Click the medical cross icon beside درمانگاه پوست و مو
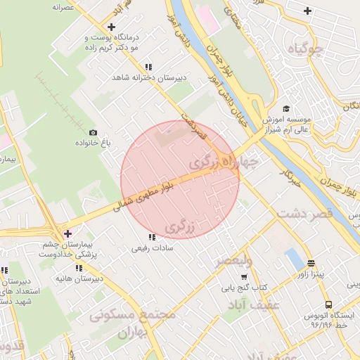(111, 27)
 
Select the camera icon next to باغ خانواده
(93, 132)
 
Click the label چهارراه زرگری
(224, 162)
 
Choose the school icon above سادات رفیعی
(152, 238)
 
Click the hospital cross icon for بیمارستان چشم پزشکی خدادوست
(67, 233)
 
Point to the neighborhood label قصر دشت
(303, 214)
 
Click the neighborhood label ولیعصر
(233, 260)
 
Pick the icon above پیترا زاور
(310, 264)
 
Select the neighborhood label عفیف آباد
(254, 304)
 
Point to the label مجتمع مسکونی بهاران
(132, 324)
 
